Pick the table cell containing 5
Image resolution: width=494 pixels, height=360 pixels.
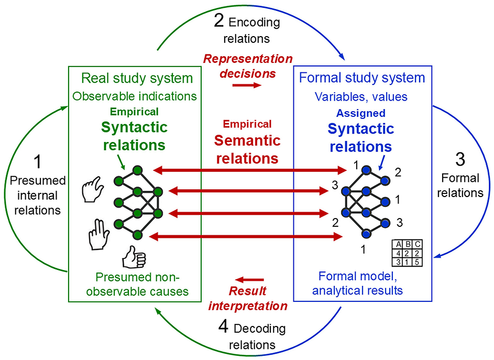[418, 261]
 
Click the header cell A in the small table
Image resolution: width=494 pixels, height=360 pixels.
[399, 245]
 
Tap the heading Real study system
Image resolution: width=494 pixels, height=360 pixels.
[137, 79]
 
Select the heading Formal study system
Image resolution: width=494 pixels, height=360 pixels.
[361, 79]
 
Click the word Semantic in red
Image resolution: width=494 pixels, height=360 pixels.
[247, 140]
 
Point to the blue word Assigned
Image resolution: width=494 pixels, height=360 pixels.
[361, 113]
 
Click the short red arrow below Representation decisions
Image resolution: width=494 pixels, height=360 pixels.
[246, 85]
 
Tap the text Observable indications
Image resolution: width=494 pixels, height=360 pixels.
[135, 96]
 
